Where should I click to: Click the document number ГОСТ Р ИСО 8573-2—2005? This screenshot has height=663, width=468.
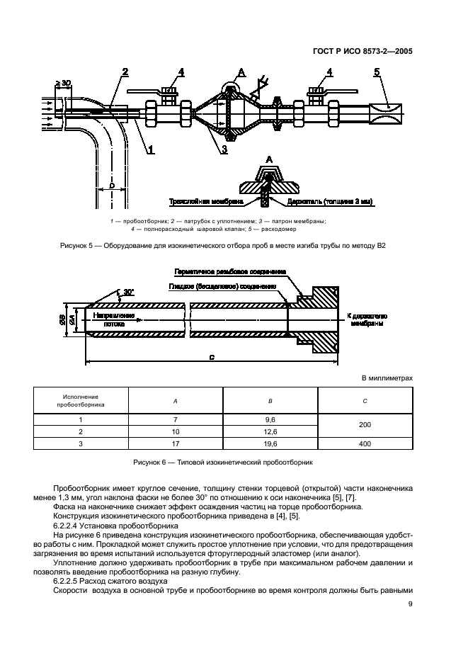pos(362,51)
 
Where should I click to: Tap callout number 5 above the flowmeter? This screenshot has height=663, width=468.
pos(377,72)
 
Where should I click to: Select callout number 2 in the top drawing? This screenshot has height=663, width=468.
pos(125,72)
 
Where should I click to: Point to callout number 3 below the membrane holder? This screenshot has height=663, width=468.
pos(224,149)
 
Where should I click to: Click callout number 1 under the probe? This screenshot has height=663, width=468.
pos(151,148)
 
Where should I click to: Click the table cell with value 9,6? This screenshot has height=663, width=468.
pos(270,419)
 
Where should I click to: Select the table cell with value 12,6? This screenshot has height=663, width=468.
pos(270,431)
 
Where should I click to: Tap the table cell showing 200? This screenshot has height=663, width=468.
pos(364,425)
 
